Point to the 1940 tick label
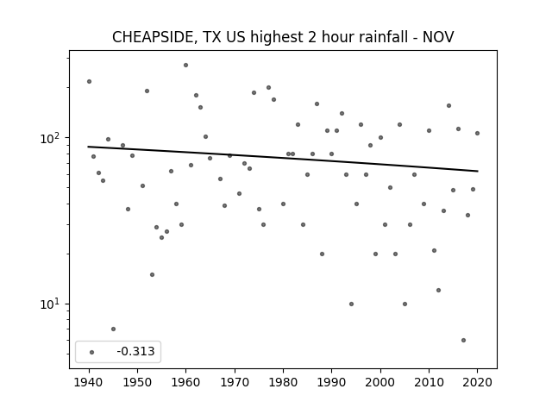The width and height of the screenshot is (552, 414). point(89,382)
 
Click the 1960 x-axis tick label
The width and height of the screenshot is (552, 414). point(186,382)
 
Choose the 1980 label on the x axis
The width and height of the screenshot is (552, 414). point(283,382)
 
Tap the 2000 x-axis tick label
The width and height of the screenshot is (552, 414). point(380,382)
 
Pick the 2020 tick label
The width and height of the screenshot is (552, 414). point(477,382)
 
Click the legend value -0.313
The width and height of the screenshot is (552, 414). point(135,351)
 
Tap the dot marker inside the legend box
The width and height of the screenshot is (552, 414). point(92,352)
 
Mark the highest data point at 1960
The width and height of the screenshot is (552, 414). point(186,66)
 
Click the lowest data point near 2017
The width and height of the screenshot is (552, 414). point(464,340)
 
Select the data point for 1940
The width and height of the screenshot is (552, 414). point(90,82)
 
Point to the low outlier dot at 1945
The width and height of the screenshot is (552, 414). point(113,329)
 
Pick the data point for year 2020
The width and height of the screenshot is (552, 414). point(477,133)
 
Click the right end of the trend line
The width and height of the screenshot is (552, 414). point(478,171)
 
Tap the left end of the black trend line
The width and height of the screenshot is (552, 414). point(88,147)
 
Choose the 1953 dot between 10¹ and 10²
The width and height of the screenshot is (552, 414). point(152,274)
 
